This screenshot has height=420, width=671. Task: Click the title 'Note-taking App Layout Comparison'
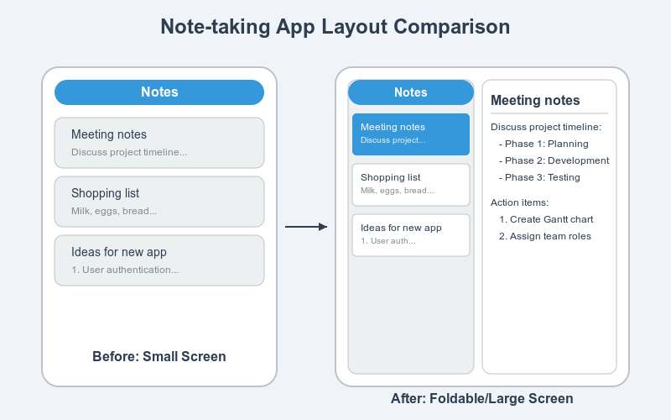(335, 28)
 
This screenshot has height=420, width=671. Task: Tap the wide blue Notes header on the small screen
(159, 92)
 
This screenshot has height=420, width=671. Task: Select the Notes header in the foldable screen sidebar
(411, 92)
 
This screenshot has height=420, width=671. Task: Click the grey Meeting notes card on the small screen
(159, 143)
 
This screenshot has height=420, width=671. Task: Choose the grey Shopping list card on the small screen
(159, 202)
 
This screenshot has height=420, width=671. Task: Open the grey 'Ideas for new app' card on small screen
(159, 260)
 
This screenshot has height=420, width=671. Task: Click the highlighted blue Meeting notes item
(411, 134)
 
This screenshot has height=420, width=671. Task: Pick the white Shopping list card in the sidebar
(411, 185)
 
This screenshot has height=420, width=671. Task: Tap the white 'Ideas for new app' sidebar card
(411, 235)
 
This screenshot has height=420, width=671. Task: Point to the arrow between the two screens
(306, 227)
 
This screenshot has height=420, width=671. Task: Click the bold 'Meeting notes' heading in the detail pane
(535, 101)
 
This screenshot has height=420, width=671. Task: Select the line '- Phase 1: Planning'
(544, 144)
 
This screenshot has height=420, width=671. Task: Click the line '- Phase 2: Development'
(554, 160)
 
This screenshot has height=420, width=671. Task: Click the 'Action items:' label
(520, 202)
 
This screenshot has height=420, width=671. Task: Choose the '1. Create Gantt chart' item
(547, 219)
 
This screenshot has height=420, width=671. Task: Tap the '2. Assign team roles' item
(545, 236)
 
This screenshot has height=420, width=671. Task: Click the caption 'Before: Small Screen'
(159, 356)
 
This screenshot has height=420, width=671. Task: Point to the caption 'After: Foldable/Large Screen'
(481, 398)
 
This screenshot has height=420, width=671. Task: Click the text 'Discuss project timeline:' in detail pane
(546, 127)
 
